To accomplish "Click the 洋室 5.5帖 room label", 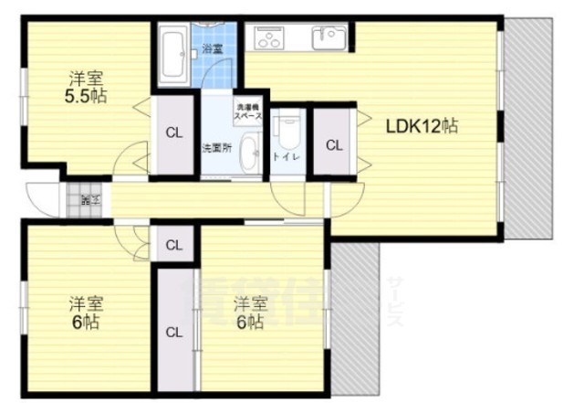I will point(86,86).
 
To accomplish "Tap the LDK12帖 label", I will point(420,127).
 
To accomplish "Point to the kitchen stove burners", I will point(271,38).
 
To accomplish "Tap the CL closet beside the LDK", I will point(334,144).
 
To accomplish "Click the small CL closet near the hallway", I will point(173,244).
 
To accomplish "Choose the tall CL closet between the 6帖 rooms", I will point(173,331).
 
